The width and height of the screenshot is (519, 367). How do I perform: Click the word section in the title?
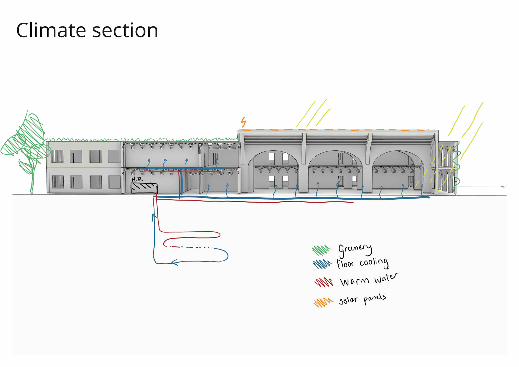[x=125, y=31]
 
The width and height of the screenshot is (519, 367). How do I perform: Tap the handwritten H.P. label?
[x=137, y=179]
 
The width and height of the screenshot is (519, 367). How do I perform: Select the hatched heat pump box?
[x=144, y=188]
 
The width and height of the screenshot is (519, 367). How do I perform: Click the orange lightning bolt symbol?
[x=244, y=122]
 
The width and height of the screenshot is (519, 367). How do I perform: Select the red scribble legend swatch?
[x=324, y=282]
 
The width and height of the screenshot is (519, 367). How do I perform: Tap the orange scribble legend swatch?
[x=323, y=302]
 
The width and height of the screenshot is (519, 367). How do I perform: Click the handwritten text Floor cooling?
[x=362, y=263]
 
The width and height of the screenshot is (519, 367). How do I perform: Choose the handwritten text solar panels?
[x=362, y=299]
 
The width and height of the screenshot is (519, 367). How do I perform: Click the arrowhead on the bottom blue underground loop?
[x=175, y=262]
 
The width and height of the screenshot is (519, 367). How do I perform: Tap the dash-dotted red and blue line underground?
[x=191, y=247]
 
